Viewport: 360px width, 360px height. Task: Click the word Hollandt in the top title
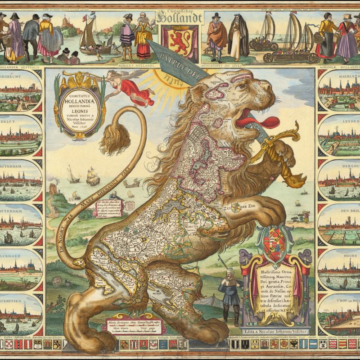179,18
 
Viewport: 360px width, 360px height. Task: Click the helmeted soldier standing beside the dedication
230,292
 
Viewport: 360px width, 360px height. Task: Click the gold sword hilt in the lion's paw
274,148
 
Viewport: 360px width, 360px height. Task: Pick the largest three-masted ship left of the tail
92,175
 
